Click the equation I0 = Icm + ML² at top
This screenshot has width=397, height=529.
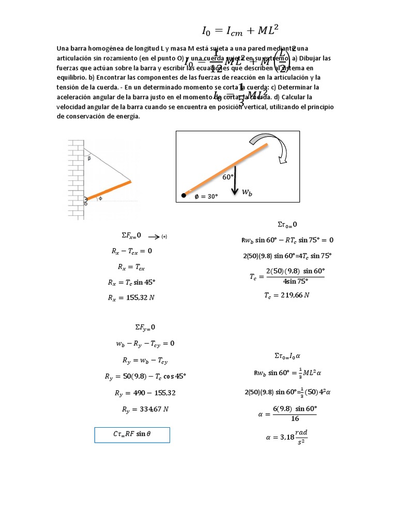241,30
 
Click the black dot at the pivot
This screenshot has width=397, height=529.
184,195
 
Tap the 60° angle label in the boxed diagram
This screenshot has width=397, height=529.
228,177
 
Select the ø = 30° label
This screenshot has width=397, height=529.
206,196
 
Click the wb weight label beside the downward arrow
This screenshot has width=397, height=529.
248,192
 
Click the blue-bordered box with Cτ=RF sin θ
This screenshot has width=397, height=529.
132,434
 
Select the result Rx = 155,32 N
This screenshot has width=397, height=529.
132,298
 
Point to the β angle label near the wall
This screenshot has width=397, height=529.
88,159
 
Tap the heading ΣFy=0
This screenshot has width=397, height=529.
145,327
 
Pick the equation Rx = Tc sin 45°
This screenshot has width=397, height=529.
132,283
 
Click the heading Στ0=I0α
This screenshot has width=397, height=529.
287,355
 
